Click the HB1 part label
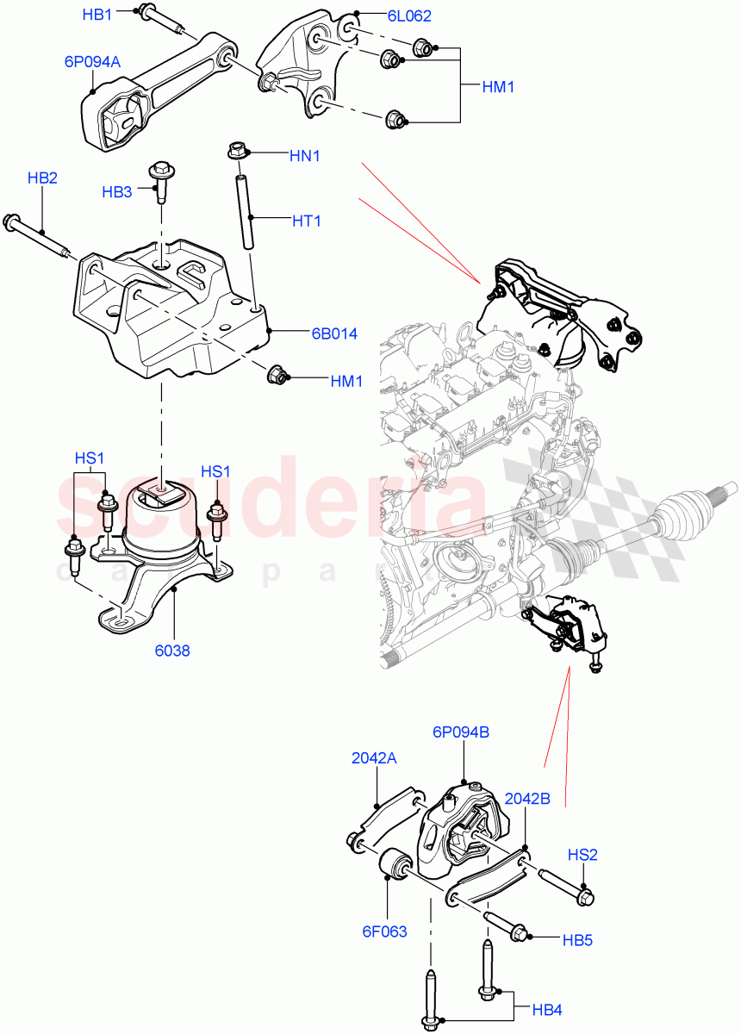coord(97,15)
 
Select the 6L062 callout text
coord(409,16)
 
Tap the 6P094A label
coord(92,62)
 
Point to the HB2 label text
coord(42,178)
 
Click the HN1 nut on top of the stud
coord(238,153)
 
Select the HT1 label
coord(306,221)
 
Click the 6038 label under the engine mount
coord(173,651)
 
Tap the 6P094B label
coord(461,732)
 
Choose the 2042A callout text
coord(374,758)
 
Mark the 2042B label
coord(527,798)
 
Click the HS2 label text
coord(582,855)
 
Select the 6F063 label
coord(385,931)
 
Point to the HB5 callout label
coord(576,940)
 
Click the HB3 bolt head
coord(160,170)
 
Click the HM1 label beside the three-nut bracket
coord(498,87)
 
